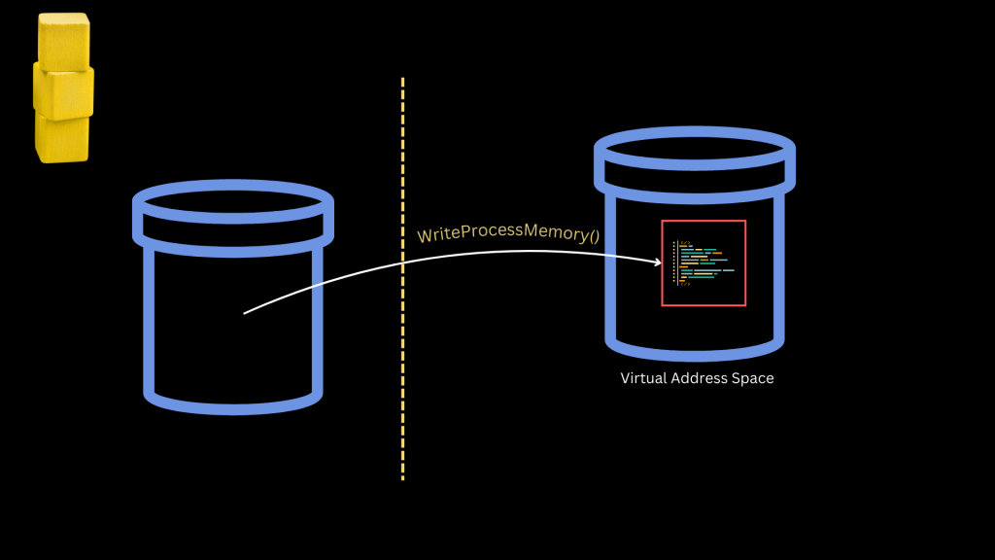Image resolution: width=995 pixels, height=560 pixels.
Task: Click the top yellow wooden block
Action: (64, 41)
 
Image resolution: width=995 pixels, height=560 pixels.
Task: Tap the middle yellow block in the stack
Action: (64, 90)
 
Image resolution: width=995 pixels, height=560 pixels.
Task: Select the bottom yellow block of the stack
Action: (63, 138)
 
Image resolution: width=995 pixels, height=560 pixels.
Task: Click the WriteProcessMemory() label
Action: (508, 232)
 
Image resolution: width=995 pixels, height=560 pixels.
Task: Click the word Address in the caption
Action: (700, 378)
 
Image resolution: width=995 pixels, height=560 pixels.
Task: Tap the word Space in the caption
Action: (753, 378)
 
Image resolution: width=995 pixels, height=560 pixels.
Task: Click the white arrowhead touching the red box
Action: (657, 262)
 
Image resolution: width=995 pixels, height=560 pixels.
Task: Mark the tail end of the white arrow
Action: (245, 313)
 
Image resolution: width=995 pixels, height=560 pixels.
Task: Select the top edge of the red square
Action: (703, 222)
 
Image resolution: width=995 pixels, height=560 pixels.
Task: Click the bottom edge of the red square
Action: (703, 305)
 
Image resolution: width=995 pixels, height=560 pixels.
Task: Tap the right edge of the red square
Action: (745, 263)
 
